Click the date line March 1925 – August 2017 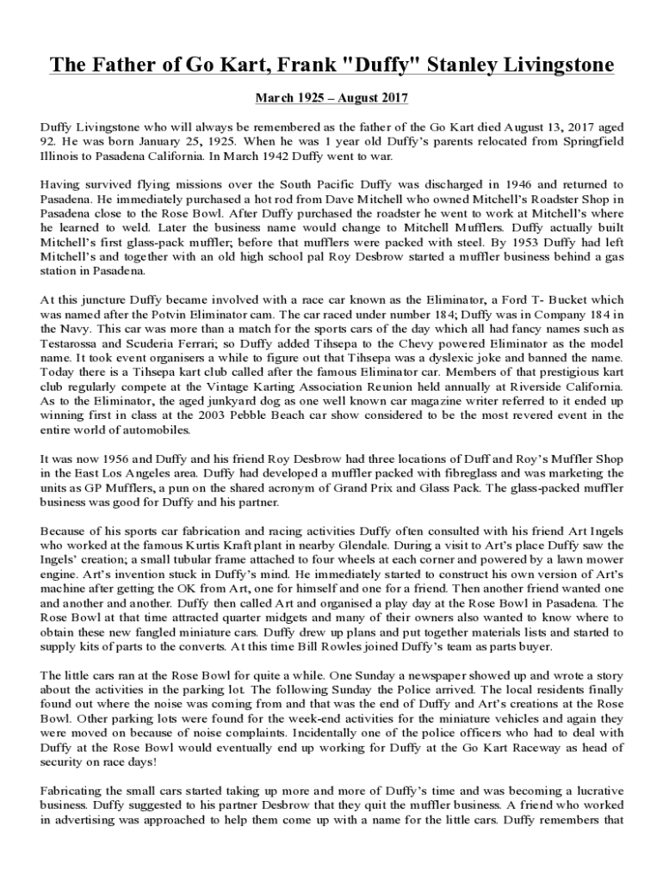[x=331, y=99]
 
